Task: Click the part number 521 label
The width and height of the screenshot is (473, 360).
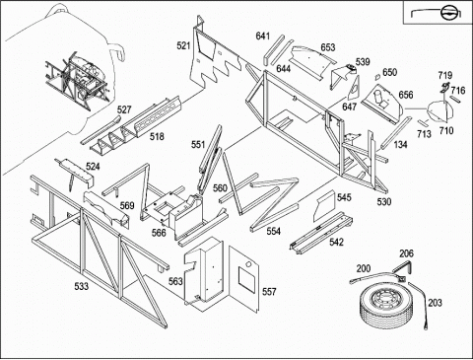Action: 183,45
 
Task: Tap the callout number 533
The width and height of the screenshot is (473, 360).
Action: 81,286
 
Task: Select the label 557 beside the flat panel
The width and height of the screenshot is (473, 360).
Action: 269,292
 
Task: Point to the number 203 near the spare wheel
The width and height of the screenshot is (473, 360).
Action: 435,303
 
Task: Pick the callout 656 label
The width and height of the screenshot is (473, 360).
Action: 406,95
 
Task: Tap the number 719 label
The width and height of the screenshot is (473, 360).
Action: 445,75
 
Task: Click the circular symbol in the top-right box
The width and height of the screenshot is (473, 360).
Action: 448,14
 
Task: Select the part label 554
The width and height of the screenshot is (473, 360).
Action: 273,231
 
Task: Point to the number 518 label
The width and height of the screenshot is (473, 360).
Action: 157,136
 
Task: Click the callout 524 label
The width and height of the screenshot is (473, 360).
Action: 93,167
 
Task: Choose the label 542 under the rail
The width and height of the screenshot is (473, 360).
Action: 336,242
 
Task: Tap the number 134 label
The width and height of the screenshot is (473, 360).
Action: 400,144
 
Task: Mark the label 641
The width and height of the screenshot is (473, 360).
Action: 263,36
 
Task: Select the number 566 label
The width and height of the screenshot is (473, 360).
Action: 159,233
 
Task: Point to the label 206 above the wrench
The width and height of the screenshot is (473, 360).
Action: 406,253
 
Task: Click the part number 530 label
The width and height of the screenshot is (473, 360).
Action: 384,201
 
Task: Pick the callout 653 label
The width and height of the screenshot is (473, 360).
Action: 328,47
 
